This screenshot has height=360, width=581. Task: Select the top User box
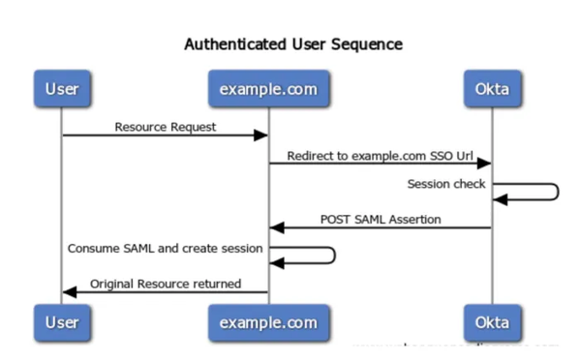click(62, 90)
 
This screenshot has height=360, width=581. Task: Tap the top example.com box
click(268, 90)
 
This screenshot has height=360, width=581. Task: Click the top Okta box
click(491, 90)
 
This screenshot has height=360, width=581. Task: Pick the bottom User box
click(62, 320)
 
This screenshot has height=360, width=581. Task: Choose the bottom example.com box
click(268, 320)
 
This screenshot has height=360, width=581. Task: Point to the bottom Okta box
click(491, 320)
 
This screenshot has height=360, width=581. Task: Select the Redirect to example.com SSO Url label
click(380, 155)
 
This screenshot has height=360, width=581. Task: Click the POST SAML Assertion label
click(381, 219)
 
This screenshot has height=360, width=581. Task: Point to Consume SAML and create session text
click(165, 248)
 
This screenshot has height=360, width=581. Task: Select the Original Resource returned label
click(165, 284)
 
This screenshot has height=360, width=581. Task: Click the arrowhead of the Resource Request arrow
click(261, 135)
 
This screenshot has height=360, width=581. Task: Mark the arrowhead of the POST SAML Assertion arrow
click(276, 228)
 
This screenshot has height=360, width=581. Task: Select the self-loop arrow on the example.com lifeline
click(332, 255)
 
